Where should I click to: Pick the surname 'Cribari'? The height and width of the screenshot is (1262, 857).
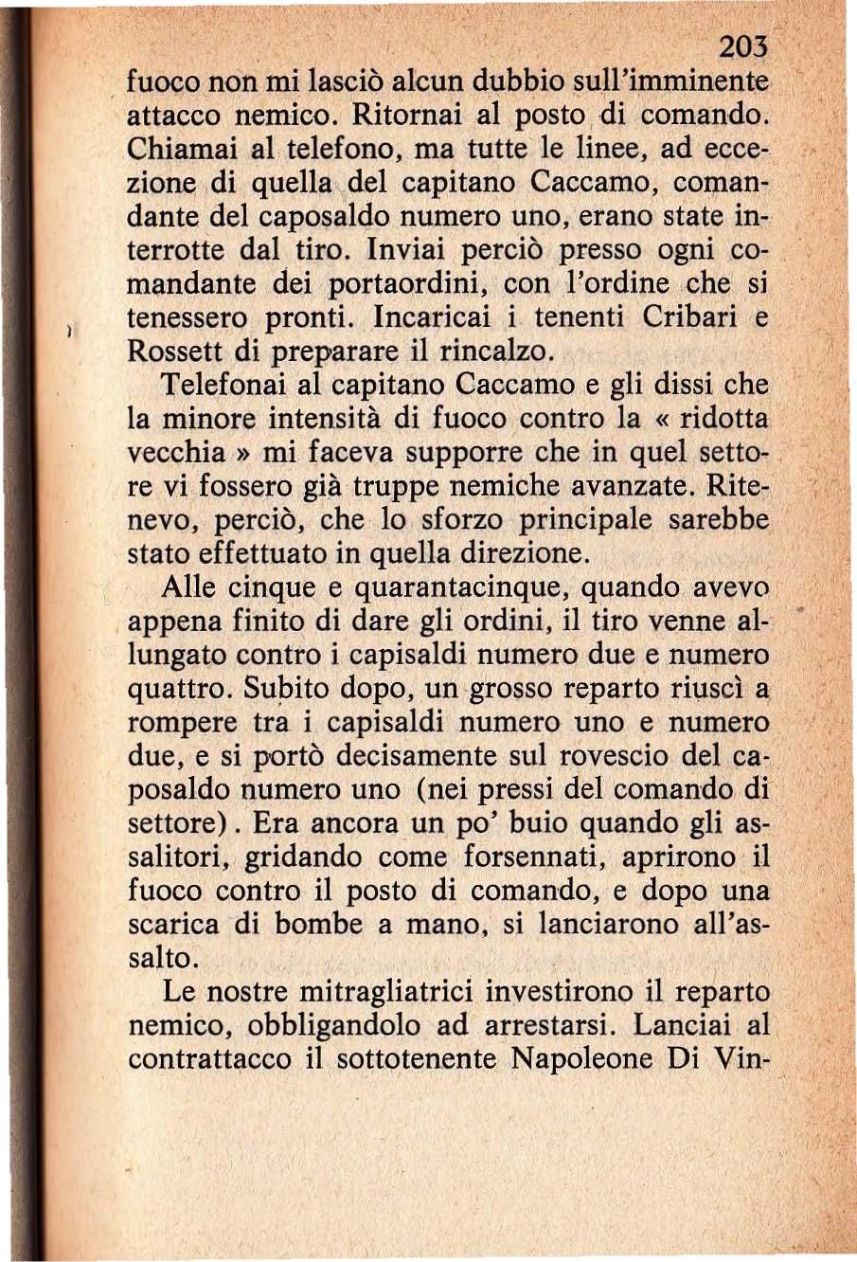click(695, 316)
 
